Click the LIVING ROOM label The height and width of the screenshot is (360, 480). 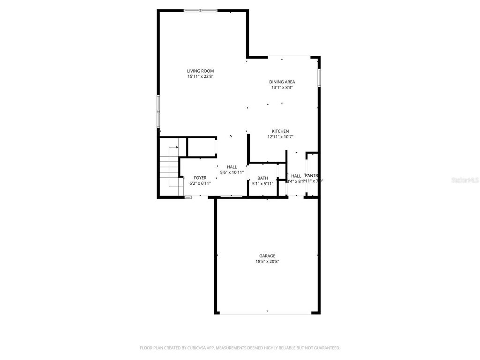[x=200, y=71]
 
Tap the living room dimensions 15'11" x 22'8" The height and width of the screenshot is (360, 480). [x=200, y=76]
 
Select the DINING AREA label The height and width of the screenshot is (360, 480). [x=282, y=82]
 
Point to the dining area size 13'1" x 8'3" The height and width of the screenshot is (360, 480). [x=282, y=88]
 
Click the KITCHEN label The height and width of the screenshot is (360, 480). [x=280, y=131]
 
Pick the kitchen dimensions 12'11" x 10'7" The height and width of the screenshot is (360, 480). [x=280, y=137]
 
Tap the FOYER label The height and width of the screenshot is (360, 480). [x=200, y=178]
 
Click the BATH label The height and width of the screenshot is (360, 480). [x=262, y=178]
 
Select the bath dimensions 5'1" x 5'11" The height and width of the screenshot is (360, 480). [x=262, y=184]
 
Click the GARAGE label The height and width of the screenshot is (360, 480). [x=267, y=256]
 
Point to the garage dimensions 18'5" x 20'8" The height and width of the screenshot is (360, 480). [x=267, y=262]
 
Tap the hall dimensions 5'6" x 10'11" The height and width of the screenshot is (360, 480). [x=232, y=172]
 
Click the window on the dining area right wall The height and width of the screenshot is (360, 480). [x=319, y=78]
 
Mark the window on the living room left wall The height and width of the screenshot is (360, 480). [x=158, y=111]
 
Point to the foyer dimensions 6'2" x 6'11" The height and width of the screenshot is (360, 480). [x=200, y=184]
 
